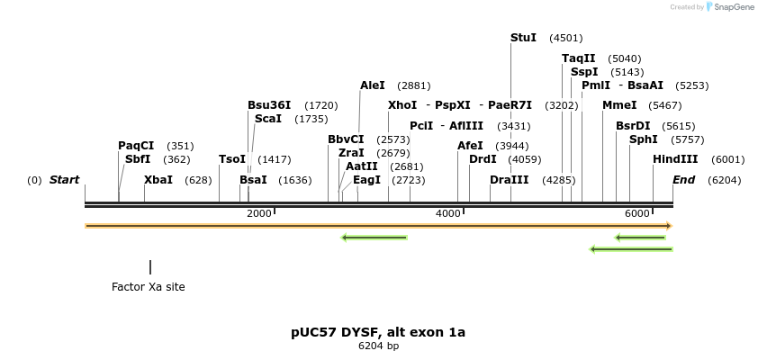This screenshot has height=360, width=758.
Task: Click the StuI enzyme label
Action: (523, 38)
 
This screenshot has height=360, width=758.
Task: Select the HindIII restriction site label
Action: (675, 159)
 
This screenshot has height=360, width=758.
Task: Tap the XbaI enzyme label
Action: (158, 180)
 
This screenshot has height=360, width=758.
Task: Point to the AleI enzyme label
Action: (373, 85)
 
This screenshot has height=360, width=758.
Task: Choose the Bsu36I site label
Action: (269, 105)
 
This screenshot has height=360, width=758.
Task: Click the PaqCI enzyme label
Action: (136, 146)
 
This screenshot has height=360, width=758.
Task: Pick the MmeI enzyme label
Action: (619, 105)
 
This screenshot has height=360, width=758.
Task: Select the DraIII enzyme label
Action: (510, 180)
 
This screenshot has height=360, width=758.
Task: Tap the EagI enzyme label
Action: (367, 180)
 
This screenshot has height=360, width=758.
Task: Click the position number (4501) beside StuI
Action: (566, 39)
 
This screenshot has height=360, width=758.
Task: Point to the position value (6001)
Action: (728, 160)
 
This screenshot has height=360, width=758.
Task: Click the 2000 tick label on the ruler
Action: (258, 213)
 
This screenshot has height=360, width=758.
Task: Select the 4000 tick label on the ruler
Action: (447, 213)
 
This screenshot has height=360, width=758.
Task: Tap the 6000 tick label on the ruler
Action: (636, 213)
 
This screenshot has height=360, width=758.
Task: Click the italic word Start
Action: (64, 180)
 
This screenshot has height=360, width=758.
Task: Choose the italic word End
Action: (683, 180)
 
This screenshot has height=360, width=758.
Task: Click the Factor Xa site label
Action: (149, 287)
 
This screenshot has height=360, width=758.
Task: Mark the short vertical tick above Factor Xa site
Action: (150, 267)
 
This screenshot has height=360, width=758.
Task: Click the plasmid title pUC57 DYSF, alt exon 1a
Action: (378, 332)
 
